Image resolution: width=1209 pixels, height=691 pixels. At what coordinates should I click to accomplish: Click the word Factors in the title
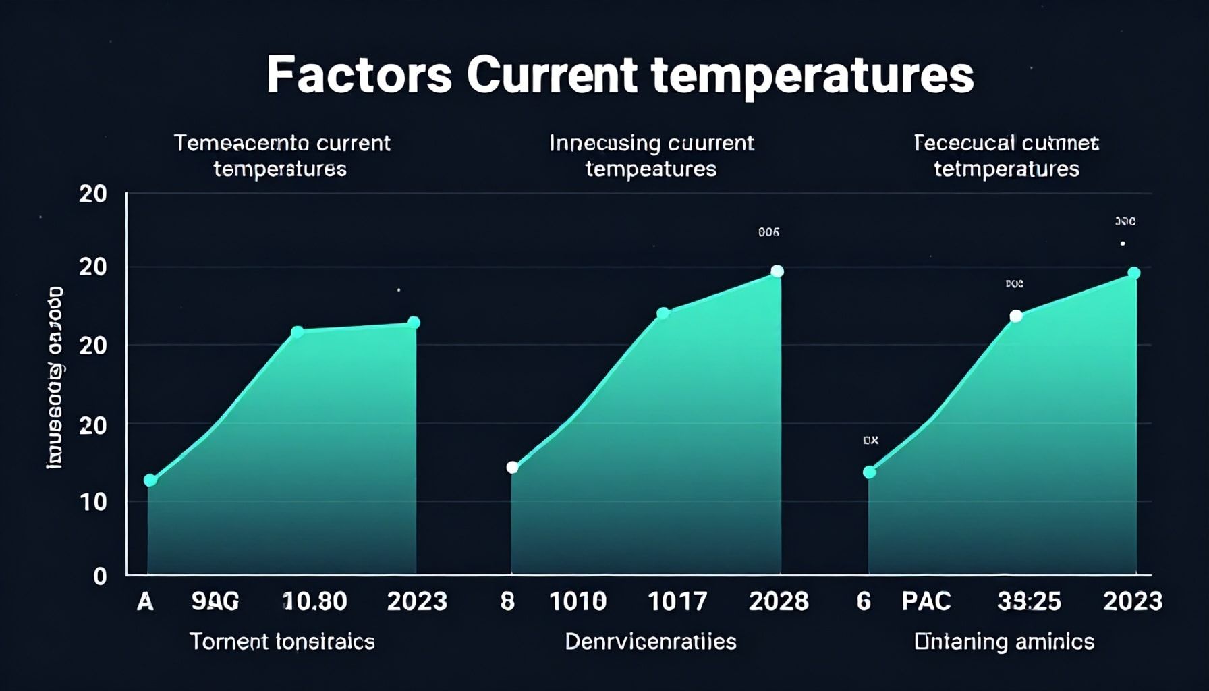click(x=358, y=75)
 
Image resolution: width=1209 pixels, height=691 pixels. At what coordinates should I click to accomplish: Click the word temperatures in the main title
click(x=812, y=76)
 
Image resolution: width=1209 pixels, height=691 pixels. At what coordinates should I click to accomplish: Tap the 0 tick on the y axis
click(x=100, y=576)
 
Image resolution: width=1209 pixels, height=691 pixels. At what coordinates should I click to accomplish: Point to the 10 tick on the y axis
click(x=94, y=501)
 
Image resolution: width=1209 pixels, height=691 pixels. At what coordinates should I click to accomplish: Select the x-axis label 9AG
click(x=215, y=601)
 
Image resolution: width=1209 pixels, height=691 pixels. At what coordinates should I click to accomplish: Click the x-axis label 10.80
click(x=314, y=601)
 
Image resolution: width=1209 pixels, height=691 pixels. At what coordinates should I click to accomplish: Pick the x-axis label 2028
click(x=779, y=601)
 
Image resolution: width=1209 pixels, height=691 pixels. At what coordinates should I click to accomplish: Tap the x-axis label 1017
click(x=677, y=601)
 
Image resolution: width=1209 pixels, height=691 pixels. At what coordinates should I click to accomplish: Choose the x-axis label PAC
click(x=926, y=601)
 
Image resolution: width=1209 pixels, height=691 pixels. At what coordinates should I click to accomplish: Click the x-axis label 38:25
click(x=1029, y=601)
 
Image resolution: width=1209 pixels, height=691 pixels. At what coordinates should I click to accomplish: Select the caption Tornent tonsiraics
click(x=282, y=641)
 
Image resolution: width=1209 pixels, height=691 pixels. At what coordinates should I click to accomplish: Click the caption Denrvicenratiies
click(x=650, y=641)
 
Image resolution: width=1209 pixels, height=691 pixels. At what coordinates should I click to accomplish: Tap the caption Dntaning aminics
click(x=1004, y=641)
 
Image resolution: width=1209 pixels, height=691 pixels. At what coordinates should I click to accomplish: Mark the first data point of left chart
click(x=150, y=480)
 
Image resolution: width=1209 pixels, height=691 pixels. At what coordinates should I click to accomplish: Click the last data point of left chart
click(x=414, y=323)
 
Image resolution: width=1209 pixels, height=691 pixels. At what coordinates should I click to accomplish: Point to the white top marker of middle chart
click(x=777, y=271)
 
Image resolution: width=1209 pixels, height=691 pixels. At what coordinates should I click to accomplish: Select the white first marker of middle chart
click(x=512, y=467)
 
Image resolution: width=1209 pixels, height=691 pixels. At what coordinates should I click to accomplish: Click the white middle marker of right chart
click(x=1015, y=316)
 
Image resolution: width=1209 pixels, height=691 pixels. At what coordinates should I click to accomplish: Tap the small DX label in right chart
click(x=870, y=440)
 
